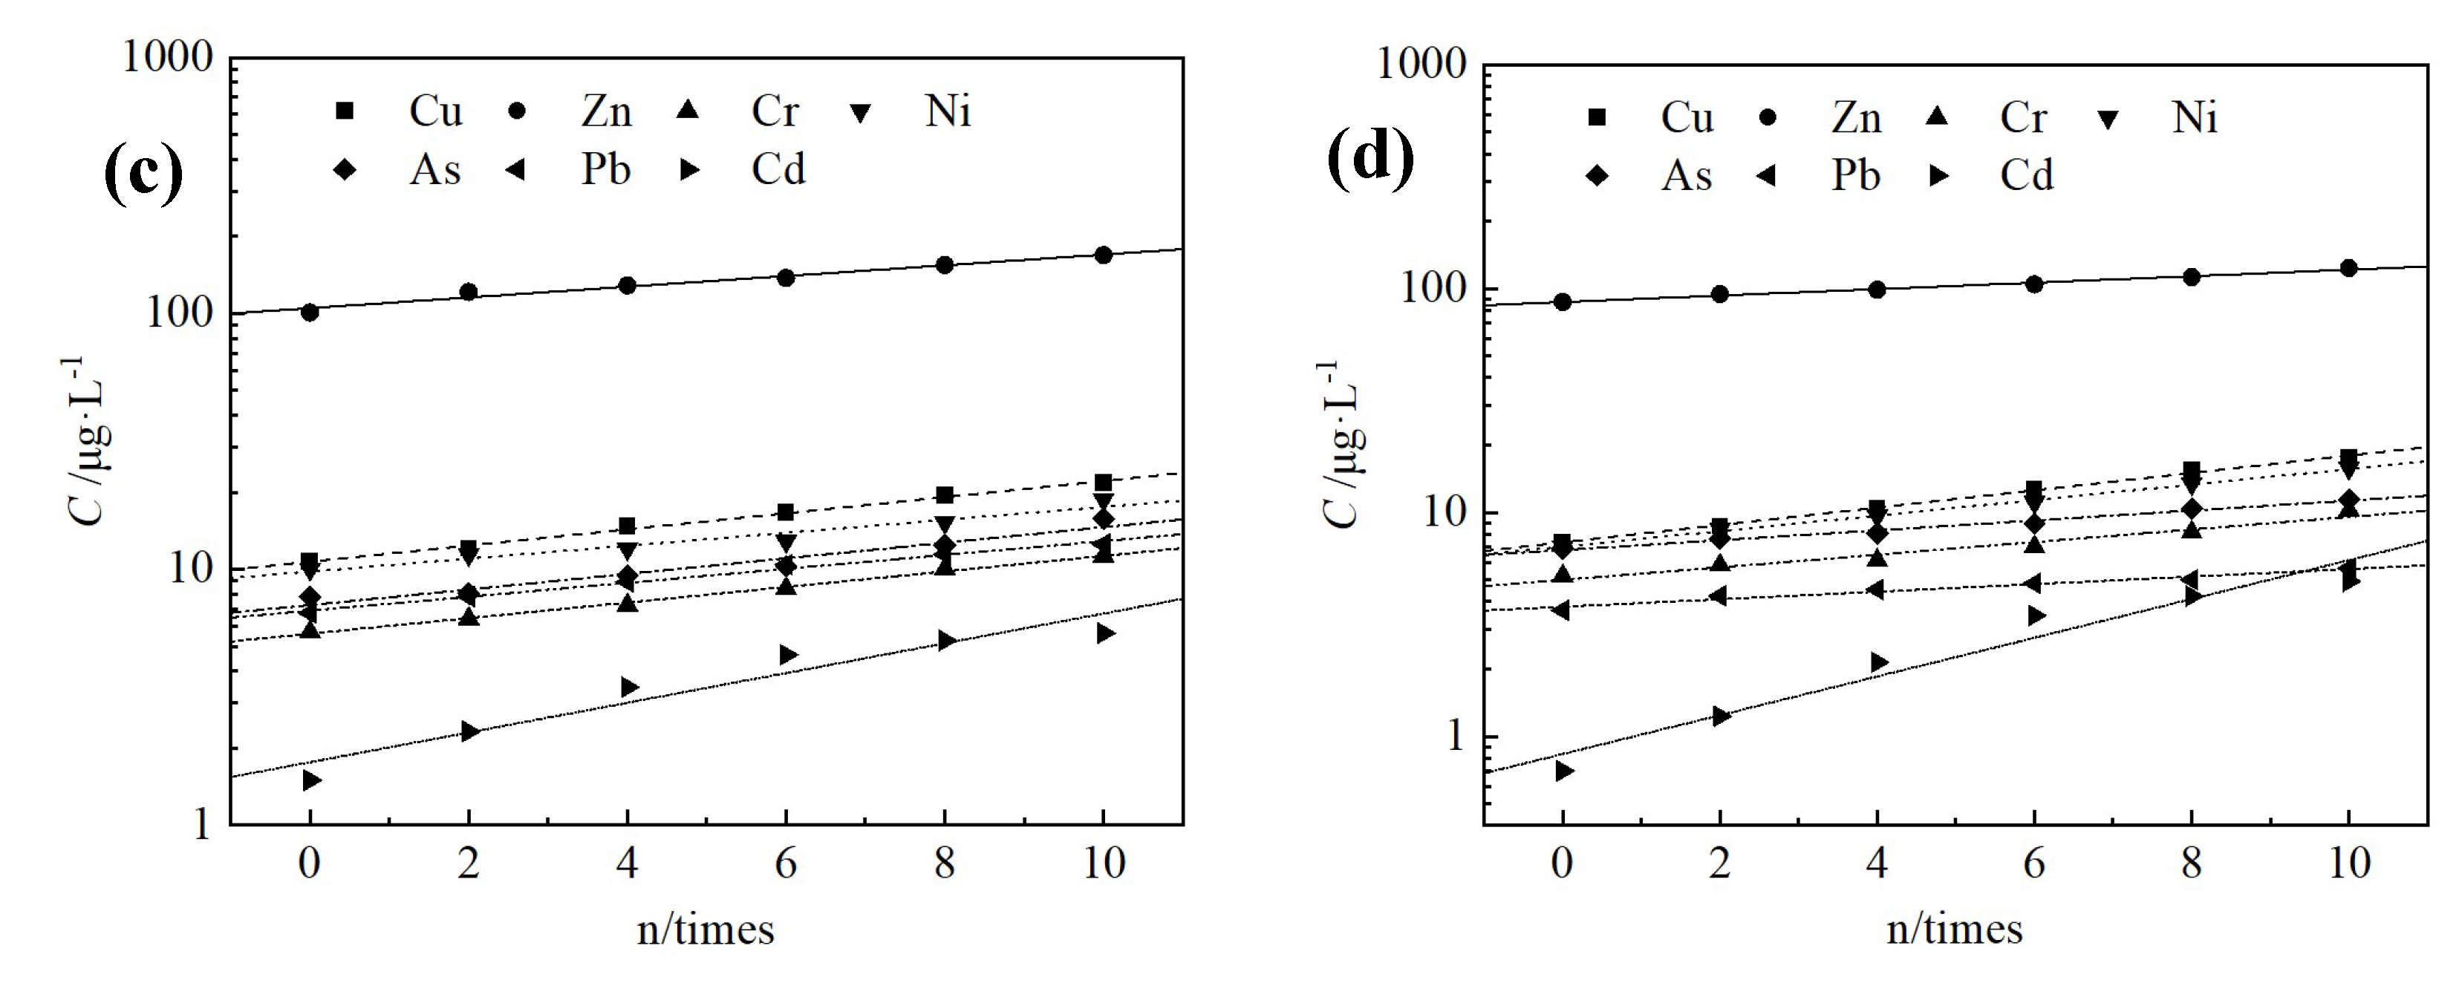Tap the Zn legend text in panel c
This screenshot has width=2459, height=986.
point(606,111)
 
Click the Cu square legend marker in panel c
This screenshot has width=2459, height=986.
point(345,111)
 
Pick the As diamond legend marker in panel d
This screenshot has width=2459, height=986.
point(1596,176)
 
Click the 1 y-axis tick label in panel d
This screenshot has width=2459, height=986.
point(1455,736)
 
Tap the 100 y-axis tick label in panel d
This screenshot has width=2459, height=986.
point(1432,287)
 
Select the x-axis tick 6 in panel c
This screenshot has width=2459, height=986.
point(786,863)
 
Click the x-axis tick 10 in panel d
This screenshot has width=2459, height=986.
point(2349,863)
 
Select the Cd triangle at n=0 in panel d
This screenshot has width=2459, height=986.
point(1563,770)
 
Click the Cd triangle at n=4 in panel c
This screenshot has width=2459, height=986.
point(629,688)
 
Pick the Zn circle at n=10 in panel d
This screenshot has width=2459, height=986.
point(2348,268)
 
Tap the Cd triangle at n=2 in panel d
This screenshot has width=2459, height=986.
point(1721,716)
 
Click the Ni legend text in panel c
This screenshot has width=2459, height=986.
point(947,111)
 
